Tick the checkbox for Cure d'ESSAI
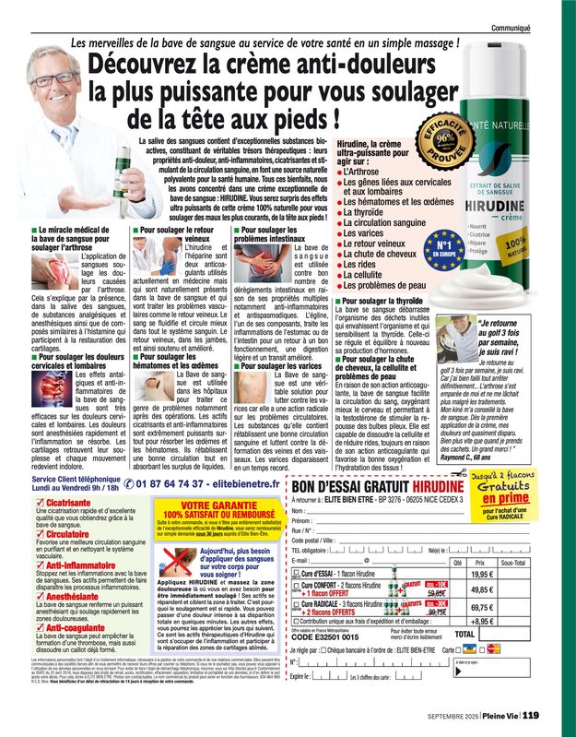coord(297,574)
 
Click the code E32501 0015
coord(336,636)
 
